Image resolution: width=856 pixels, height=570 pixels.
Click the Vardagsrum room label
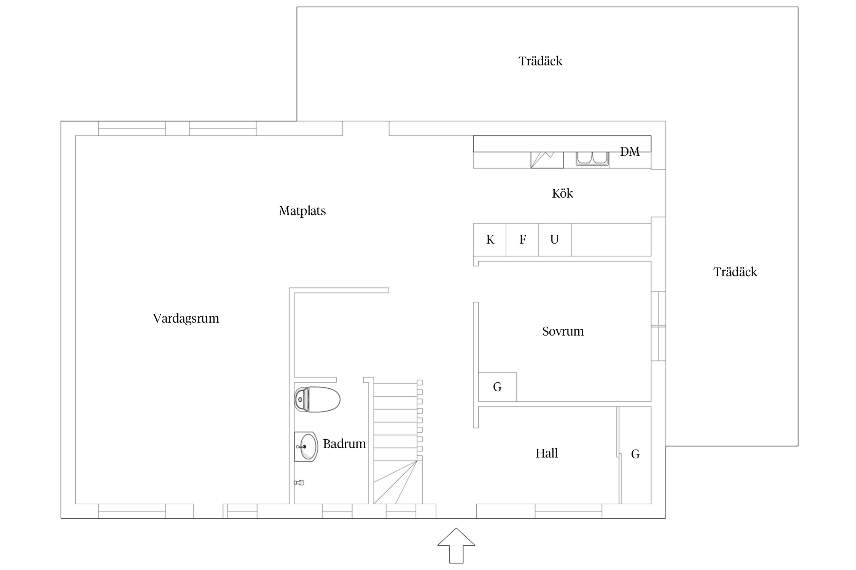(x=186, y=318)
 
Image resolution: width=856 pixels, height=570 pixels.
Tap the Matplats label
(x=302, y=211)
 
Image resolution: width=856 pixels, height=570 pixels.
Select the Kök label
(x=562, y=193)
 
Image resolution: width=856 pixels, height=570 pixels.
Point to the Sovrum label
(x=563, y=331)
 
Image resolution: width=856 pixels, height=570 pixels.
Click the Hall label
(x=547, y=453)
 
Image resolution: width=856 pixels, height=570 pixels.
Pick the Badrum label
(x=344, y=444)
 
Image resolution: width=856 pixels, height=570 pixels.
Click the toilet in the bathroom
(x=317, y=399)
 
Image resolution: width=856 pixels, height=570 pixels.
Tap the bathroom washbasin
(x=306, y=447)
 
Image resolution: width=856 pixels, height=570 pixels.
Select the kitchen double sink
(x=592, y=159)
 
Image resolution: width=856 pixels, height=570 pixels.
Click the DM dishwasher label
(x=630, y=152)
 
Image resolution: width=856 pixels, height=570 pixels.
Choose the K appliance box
(x=490, y=240)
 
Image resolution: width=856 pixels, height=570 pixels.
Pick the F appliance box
(x=522, y=240)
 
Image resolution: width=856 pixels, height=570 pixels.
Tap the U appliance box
(x=555, y=240)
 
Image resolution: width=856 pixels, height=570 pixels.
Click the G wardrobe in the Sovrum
(x=497, y=387)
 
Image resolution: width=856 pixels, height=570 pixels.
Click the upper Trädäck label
(x=540, y=61)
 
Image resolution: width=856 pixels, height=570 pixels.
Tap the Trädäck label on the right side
(x=735, y=272)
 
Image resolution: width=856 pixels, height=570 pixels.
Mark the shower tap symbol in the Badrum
(x=299, y=483)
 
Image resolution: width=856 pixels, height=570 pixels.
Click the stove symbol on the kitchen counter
(x=547, y=160)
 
